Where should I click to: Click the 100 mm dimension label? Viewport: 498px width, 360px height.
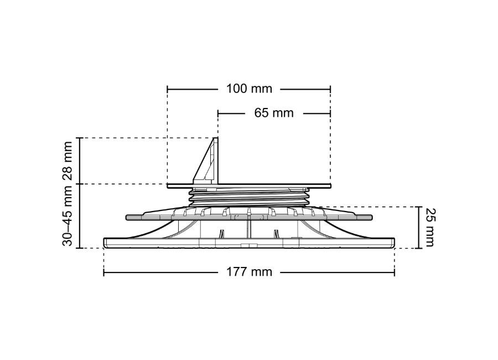[x=249, y=89]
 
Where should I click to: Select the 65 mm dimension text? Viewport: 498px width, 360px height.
[x=274, y=113]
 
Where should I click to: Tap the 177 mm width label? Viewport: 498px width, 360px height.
[x=249, y=272]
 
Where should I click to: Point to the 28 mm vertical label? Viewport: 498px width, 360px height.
[x=68, y=161]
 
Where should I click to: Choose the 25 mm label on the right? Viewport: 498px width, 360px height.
[x=430, y=228]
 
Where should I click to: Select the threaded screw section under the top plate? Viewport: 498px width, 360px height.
[x=249, y=197]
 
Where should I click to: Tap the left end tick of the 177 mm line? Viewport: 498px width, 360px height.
[x=104, y=272]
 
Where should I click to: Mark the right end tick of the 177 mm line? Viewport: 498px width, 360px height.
[x=395, y=272]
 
